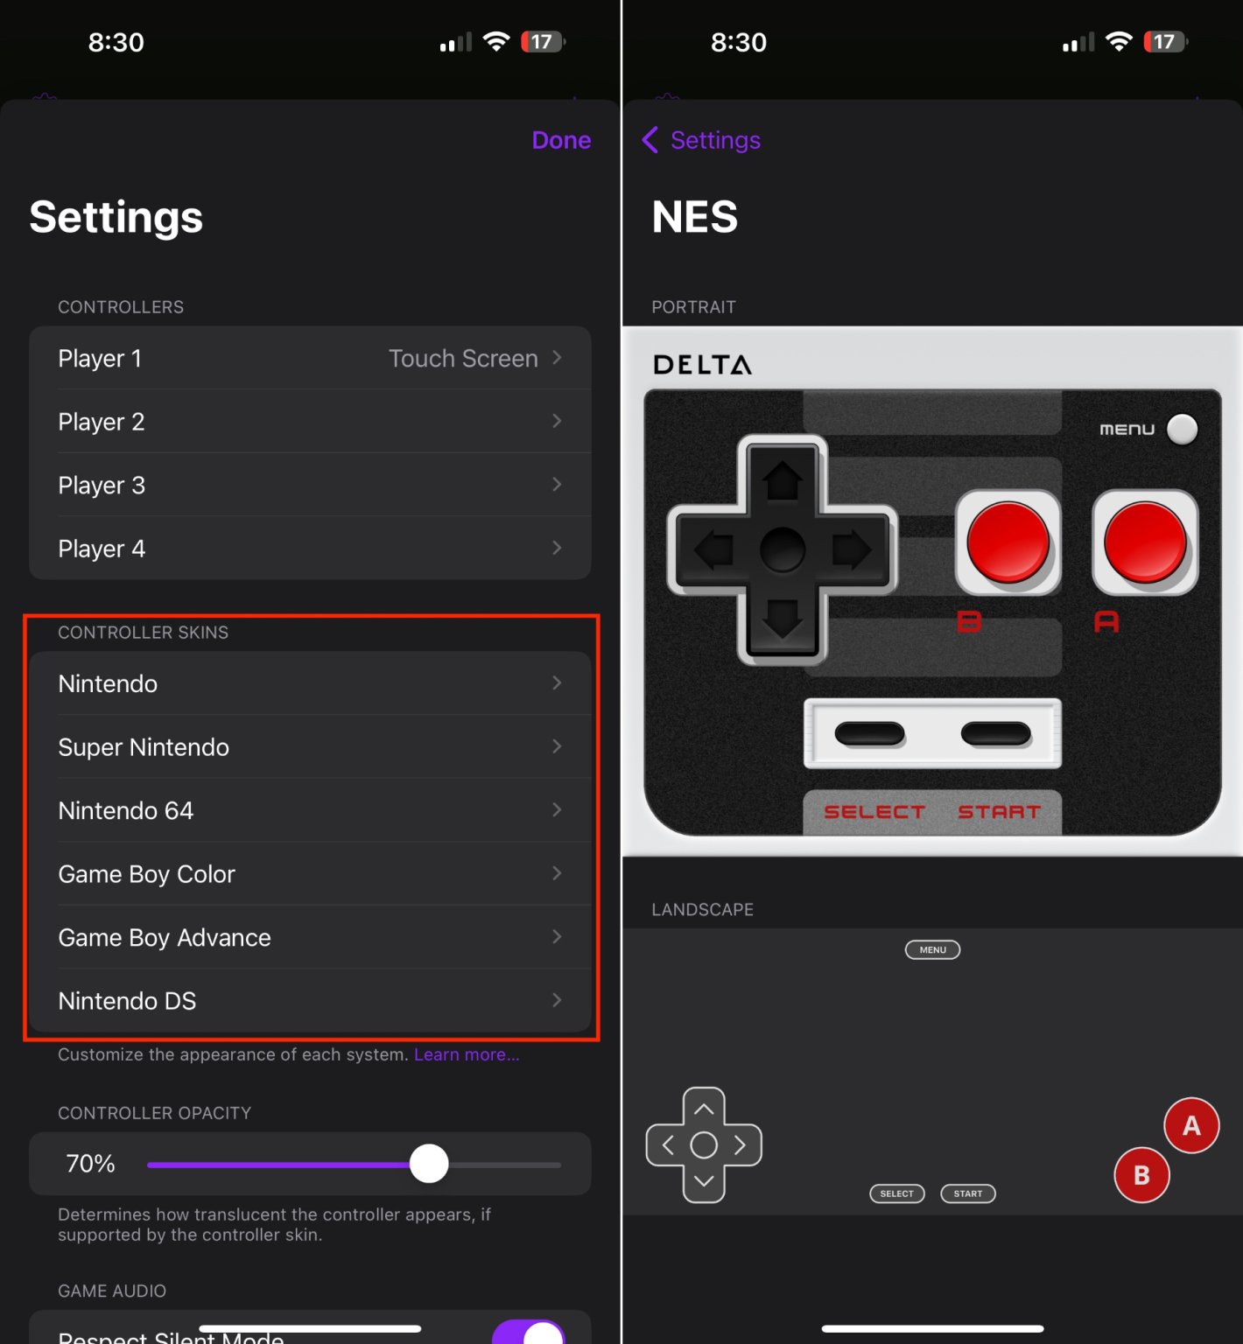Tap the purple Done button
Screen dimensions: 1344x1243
click(561, 140)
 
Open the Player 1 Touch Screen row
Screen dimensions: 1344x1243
click(310, 359)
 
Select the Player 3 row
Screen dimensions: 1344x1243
click(310, 485)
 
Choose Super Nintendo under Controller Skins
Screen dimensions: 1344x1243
click(310, 747)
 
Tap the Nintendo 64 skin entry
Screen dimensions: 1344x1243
click(310, 811)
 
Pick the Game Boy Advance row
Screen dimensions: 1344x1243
click(310, 938)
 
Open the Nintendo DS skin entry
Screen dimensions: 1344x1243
click(310, 1001)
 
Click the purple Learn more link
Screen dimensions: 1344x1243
click(467, 1055)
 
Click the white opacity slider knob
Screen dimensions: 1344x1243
click(429, 1164)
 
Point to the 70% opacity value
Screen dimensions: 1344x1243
click(90, 1164)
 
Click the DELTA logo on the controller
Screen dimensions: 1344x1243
click(702, 365)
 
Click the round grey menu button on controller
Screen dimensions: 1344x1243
click(1183, 429)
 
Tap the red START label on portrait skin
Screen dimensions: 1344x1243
click(999, 812)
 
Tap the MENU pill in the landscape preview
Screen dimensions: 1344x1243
click(932, 950)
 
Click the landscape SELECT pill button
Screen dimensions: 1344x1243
click(896, 1193)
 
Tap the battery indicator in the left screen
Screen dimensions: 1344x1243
click(543, 42)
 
